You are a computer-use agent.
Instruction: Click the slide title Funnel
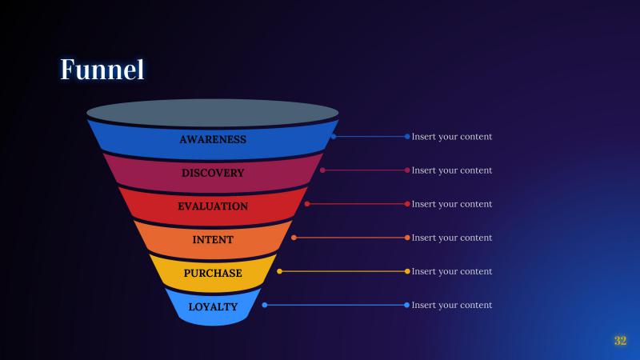click(102, 70)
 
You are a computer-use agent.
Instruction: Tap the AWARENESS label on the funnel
click(213, 139)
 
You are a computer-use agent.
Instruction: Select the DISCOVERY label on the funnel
click(213, 173)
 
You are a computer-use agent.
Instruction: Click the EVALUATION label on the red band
click(213, 206)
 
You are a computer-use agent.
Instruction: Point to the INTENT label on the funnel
click(213, 240)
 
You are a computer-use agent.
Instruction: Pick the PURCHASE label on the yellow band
click(213, 274)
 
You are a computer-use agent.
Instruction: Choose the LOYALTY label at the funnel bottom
click(213, 307)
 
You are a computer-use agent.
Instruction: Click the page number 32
click(620, 341)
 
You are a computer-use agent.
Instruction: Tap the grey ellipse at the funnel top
click(213, 112)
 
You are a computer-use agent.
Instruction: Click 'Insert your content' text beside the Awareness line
click(452, 137)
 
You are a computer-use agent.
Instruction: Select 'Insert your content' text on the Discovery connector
click(452, 170)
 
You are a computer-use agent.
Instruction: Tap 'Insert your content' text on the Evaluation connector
click(452, 204)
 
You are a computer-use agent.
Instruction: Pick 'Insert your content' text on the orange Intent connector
click(452, 238)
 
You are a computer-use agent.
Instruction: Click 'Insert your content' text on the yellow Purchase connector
click(452, 271)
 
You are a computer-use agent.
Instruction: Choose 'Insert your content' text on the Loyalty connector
click(452, 305)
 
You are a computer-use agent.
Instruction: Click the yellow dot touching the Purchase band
click(279, 271)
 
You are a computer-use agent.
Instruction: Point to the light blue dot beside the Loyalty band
click(265, 305)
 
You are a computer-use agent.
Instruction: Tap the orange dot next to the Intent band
click(294, 238)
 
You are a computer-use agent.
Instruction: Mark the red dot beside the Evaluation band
click(307, 204)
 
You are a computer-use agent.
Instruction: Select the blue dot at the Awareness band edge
click(334, 137)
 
